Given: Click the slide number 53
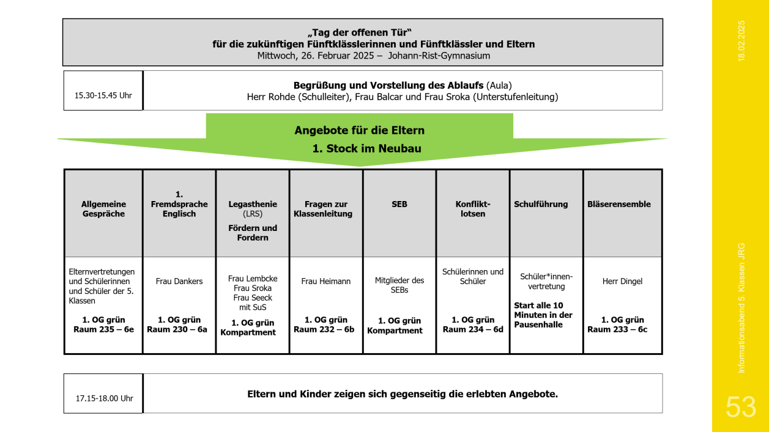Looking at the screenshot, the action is (x=741, y=407).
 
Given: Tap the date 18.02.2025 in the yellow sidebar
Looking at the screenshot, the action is (x=741, y=41).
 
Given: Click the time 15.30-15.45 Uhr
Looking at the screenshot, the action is (x=103, y=95).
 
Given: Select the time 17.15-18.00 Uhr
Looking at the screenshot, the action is (x=105, y=398).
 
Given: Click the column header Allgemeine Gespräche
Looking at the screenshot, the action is (x=103, y=209).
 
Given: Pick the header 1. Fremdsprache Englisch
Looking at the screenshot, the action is (x=179, y=204).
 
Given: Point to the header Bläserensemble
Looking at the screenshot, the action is (x=619, y=204).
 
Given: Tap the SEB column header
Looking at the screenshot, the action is (x=399, y=204).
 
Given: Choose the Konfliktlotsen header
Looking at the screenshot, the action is (x=473, y=209).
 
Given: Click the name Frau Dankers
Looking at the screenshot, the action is (x=179, y=281).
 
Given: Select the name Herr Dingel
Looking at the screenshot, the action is (x=622, y=281).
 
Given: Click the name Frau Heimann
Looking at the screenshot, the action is (x=326, y=281).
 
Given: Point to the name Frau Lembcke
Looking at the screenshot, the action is (x=253, y=279).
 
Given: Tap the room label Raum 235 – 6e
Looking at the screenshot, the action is (x=103, y=329).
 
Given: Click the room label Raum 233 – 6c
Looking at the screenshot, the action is (x=617, y=329).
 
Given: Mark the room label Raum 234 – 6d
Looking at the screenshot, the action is (x=473, y=329).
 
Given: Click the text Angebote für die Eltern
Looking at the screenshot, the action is (x=360, y=130).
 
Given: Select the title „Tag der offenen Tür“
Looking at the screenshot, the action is (x=360, y=32).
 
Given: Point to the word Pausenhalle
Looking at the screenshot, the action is (x=538, y=324).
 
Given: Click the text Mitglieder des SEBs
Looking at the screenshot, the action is (x=399, y=285).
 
